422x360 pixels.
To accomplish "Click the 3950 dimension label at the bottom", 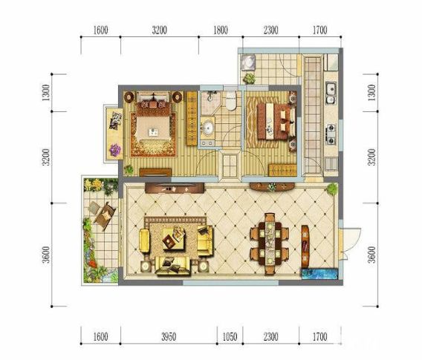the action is coord(169,336).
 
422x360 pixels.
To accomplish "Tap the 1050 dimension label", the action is coord(230,336).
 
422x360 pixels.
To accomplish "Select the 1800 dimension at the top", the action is coord(221,30).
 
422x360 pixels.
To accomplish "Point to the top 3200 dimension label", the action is coord(159,30).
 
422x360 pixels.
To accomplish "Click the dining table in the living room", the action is coord(270,244).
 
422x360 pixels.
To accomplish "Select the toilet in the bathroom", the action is coord(230,101).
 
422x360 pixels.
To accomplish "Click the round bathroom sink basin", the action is coord(207,128).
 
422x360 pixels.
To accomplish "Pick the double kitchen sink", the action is coord(331,93).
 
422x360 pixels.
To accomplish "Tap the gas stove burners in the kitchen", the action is coord(331,134).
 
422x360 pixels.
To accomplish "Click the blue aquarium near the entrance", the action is coord(319,274).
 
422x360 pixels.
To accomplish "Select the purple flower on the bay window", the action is coord(115,149).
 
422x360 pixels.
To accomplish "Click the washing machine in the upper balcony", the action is coord(248,62).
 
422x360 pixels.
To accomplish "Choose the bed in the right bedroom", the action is coord(275,122).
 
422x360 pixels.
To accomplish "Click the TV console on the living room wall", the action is coord(175,188).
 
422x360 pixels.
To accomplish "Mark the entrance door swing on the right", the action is coord(350,244).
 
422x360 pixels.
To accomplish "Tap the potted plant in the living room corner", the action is coord(331,189).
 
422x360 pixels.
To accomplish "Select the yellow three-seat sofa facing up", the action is coord(173,266).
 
